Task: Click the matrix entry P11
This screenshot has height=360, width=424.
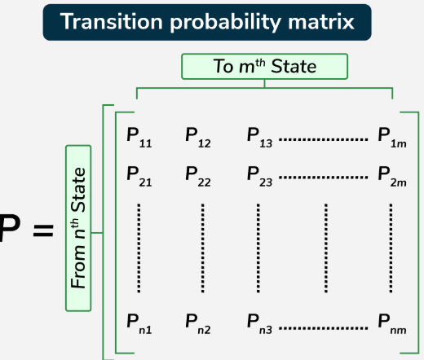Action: click(139, 138)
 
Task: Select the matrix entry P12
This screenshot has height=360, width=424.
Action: click(198, 138)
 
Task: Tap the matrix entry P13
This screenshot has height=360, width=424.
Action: click(259, 138)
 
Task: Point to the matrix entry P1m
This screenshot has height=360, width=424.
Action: click(392, 138)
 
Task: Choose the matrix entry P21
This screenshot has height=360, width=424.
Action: click(139, 177)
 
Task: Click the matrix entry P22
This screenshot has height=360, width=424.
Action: click(198, 177)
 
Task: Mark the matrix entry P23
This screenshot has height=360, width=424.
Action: click(259, 177)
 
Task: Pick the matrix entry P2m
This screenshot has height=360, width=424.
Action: click(392, 177)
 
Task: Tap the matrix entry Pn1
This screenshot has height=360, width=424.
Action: click(139, 324)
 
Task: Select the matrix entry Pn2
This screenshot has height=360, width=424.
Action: click(198, 324)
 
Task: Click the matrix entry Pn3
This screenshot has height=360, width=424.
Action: click(259, 324)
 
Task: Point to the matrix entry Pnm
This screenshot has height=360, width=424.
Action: click(392, 324)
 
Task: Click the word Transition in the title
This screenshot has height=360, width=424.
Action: click(112, 21)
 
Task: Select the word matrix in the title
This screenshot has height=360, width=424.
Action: click(321, 21)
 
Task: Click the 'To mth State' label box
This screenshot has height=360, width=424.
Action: click(265, 67)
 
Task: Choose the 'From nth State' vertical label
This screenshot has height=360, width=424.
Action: click(78, 228)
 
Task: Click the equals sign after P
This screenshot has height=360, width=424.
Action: click(43, 230)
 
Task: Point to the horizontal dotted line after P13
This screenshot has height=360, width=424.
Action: click(324, 139)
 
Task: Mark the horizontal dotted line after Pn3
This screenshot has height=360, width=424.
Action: click(324, 328)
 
